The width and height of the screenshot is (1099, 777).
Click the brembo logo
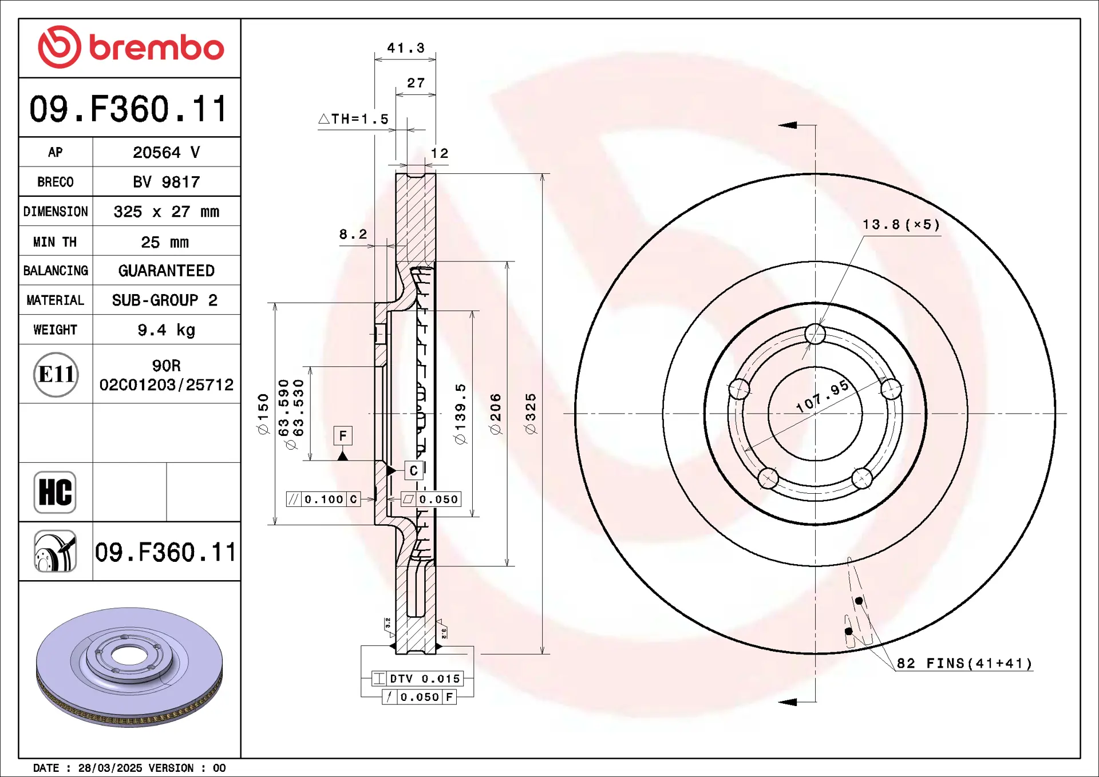131,47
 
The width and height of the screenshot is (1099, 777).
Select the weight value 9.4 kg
167,330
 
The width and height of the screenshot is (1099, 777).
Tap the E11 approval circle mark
56,374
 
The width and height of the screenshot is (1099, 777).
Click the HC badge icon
55,492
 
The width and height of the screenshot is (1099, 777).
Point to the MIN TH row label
55,242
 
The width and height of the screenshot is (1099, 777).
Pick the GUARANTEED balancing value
167,271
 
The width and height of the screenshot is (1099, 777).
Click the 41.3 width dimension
406,48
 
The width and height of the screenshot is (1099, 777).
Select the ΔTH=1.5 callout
353,119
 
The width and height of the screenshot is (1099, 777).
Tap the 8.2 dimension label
353,234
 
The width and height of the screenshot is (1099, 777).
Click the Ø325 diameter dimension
531,413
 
